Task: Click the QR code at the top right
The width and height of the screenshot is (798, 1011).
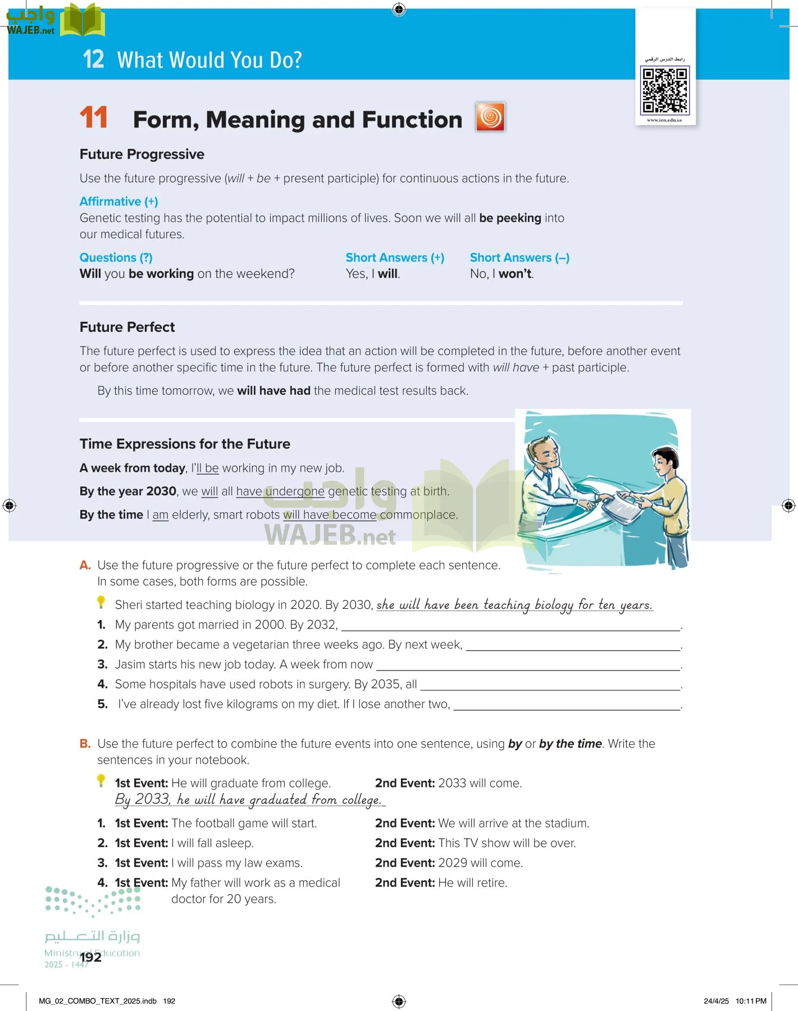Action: [665, 90]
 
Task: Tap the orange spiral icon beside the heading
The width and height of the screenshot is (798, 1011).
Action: [490, 117]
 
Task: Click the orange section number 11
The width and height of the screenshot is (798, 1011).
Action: [93, 118]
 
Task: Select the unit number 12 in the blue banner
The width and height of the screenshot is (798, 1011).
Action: [93, 60]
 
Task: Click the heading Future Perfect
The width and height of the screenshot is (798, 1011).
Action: [127, 327]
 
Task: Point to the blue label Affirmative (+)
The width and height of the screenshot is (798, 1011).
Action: [118, 202]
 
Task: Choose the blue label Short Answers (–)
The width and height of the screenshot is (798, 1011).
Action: [519, 258]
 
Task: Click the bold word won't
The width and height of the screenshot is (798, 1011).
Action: [515, 274]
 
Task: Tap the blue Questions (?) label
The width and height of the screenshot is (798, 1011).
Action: [116, 258]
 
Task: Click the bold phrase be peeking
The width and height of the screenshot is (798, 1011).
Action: [510, 218]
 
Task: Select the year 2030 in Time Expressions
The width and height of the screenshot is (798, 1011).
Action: [161, 491]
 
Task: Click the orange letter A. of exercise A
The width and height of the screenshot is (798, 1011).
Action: [85, 565]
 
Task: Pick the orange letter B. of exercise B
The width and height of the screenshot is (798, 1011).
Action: [85, 744]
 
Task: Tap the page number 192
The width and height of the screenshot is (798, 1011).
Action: [90, 958]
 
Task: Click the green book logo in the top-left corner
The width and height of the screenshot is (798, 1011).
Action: [83, 20]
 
